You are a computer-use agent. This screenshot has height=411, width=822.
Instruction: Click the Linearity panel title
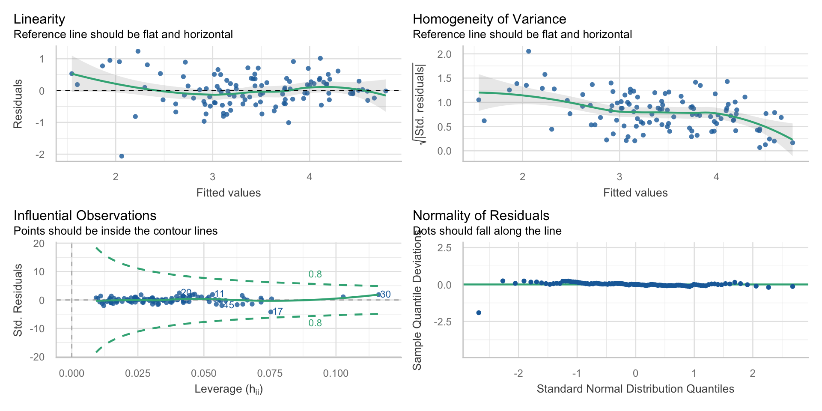(x=39, y=19)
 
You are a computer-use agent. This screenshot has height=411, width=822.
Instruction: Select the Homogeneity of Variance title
(x=489, y=19)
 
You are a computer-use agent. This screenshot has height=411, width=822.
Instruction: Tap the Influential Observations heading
(x=85, y=215)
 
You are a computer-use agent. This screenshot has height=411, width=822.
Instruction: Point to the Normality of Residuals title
(x=481, y=215)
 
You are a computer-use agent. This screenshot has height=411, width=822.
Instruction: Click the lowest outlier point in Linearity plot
(x=122, y=156)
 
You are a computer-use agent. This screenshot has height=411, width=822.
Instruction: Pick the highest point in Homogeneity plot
(x=528, y=51)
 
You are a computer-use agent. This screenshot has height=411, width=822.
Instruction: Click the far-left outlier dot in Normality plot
(x=479, y=313)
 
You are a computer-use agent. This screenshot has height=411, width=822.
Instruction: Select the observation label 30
(x=385, y=295)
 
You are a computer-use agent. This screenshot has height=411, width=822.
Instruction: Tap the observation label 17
(x=278, y=312)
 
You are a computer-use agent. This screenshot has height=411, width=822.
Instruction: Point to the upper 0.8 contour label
(x=315, y=274)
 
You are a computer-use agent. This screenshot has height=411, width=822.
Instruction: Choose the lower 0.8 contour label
(x=315, y=323)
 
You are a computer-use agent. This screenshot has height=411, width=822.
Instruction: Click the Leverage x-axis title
(x=229, y=389)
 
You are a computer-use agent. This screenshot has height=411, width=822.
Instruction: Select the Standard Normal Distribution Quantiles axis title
(x=635, y=389)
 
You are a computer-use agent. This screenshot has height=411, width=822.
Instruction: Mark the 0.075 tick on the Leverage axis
(x=270, y=373)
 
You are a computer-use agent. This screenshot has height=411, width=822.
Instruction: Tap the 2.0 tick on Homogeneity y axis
(x=444, y=54)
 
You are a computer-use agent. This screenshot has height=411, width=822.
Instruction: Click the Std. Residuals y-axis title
(x=18, y=300)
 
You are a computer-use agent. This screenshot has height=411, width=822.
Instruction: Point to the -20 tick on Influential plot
(x=37, y=357)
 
